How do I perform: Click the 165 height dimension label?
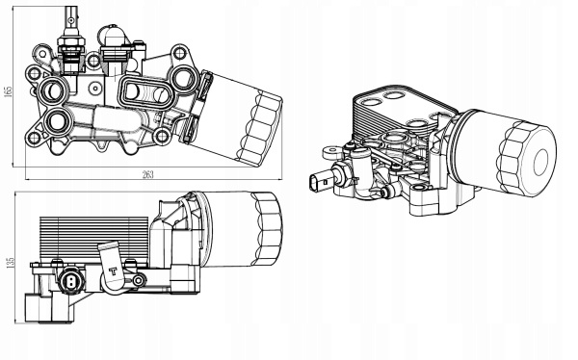coord(9,91)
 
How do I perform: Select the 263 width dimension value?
coord(147,174)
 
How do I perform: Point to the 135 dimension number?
coord(11,262)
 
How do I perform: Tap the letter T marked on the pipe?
coord(113,272)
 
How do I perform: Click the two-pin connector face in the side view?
coord(69,281)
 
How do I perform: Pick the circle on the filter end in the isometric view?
coord(540,162)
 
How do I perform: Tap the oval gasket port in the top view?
coord(147,91)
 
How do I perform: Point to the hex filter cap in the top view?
coord(259,127)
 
